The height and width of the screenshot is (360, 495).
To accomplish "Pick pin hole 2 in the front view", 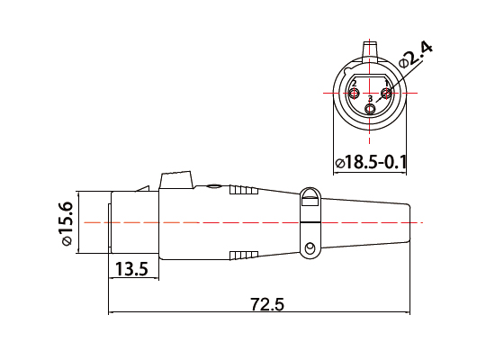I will tap(354, 93).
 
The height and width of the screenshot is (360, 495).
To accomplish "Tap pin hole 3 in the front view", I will tap(370, 108).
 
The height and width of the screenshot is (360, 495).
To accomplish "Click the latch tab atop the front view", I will tap(370, 50).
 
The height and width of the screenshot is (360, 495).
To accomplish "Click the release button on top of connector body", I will tap(176, 180).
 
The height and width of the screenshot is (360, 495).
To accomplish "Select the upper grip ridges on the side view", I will tap(244, 191).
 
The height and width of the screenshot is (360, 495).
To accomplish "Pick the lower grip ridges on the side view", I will tap(244, 255).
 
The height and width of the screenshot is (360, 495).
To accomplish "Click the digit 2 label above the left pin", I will tap(355, 84).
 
